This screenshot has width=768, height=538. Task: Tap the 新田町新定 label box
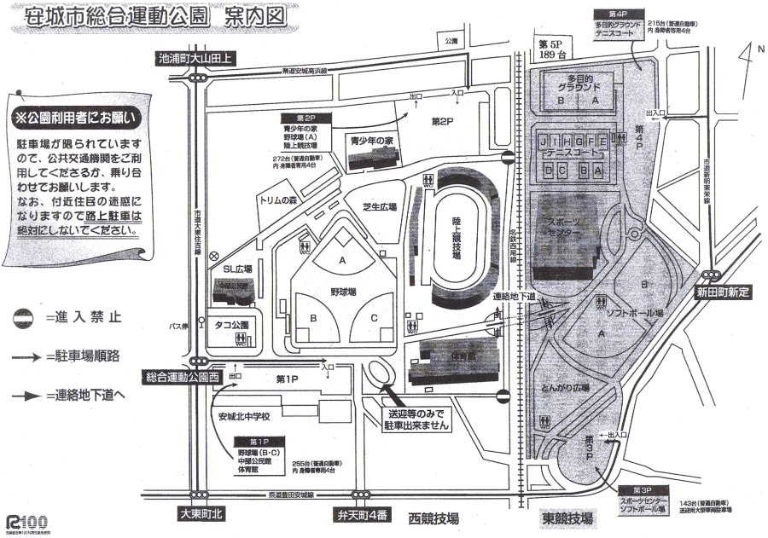click(x=721, y=292)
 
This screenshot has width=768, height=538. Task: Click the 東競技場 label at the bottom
click(x=567, y=518)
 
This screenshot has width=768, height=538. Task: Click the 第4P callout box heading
click(x=618, y=14)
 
